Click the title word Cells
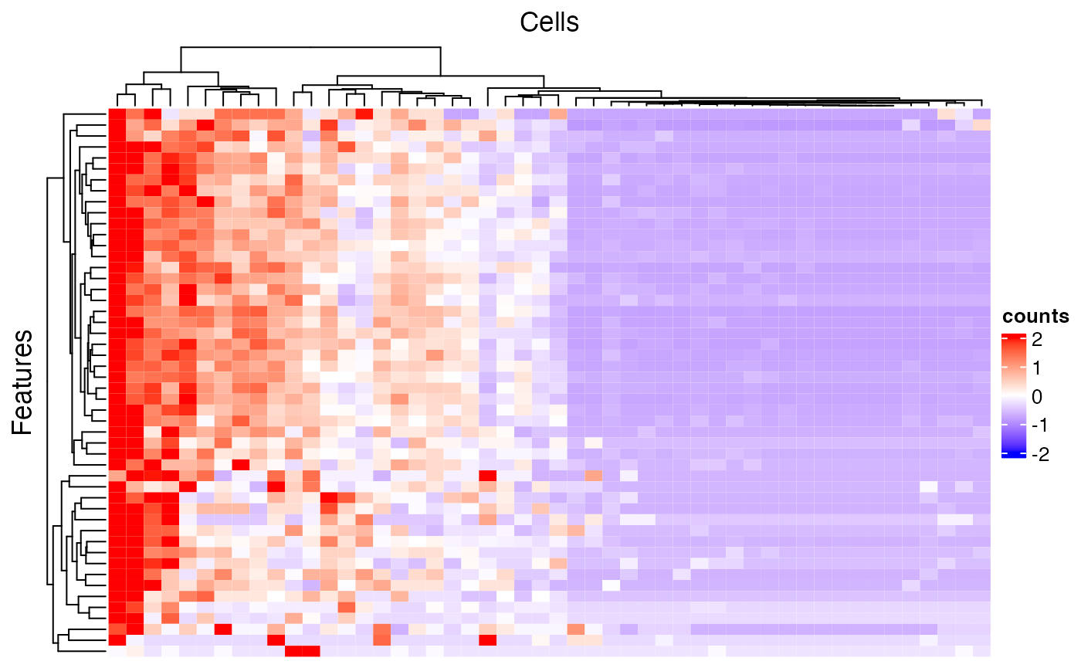tap(549, 22)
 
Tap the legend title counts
tap(1035, 317)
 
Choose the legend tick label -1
tap(1035, 426)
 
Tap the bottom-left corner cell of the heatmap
tap(116, 651)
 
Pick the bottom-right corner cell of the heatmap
tap(981, 651)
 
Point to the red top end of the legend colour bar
tap(1012, 337)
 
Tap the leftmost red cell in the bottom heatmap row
tap(293, 651)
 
